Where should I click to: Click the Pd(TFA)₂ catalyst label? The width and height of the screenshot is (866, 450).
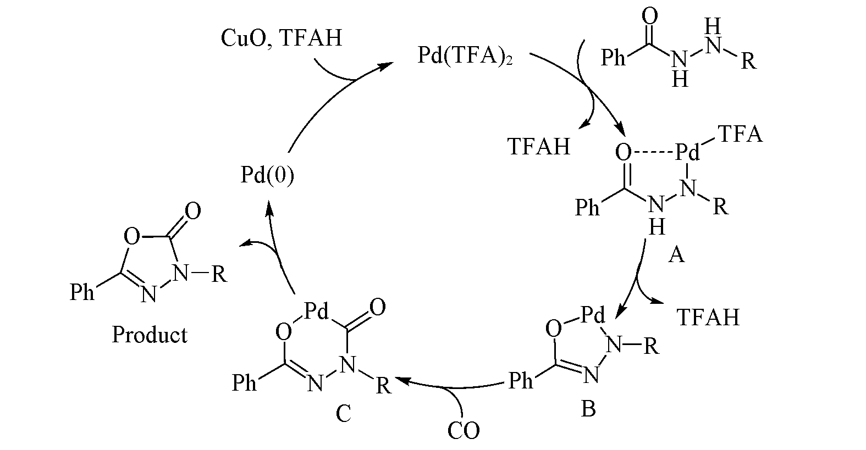(465, 57)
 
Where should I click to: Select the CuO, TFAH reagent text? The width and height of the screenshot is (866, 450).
(282, 38)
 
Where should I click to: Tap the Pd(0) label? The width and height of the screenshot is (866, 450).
(267, 175)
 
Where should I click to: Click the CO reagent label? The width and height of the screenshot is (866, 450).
(464, 430)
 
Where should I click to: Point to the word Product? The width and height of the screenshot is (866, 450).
(150, 335)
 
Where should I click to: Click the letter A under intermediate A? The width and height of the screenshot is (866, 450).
(676, 255)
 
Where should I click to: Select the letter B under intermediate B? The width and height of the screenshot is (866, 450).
(588, 408)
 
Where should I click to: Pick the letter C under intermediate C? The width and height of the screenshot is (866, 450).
(343, 414)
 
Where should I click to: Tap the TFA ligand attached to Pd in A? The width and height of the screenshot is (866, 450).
(740, 134)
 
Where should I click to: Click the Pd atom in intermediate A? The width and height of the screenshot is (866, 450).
(687, 152)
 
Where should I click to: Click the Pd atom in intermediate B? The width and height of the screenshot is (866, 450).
(593, 315)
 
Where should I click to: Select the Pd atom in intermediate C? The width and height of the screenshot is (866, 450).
(316, 311)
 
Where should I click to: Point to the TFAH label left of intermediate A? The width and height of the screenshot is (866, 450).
(539, 146)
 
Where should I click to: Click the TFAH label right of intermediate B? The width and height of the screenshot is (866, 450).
(708, 317)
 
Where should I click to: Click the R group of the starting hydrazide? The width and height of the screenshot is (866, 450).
(748, 60)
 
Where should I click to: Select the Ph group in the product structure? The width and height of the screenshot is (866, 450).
(82, 292)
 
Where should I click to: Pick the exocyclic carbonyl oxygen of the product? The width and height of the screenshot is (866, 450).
(192, 211)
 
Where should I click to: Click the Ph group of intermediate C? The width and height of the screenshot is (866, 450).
(244, 383)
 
